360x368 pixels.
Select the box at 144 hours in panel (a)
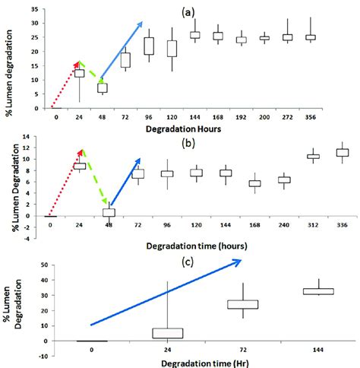click(x=195, y=35)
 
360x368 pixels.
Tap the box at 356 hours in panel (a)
click(x=310, y=36)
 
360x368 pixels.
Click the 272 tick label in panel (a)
click(x=287, y=118)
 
